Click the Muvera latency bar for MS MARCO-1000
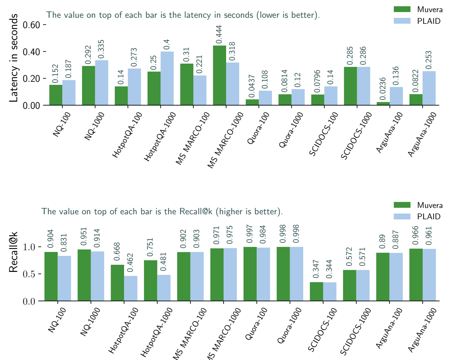(219, 75)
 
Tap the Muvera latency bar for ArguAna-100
(383, 103)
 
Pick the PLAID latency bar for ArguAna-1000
(429, 88)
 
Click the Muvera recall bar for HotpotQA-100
(117, 283)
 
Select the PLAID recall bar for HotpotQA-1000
(164, 288)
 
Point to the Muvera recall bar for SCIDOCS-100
(316, 291)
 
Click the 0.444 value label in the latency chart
(219, 35)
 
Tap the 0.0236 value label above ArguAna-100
(383, 89)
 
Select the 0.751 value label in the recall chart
(150, 247)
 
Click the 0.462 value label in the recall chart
(130, 263)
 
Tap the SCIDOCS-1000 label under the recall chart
(355, 331)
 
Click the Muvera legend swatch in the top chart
(402, 9)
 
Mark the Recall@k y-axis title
(14, 252)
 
